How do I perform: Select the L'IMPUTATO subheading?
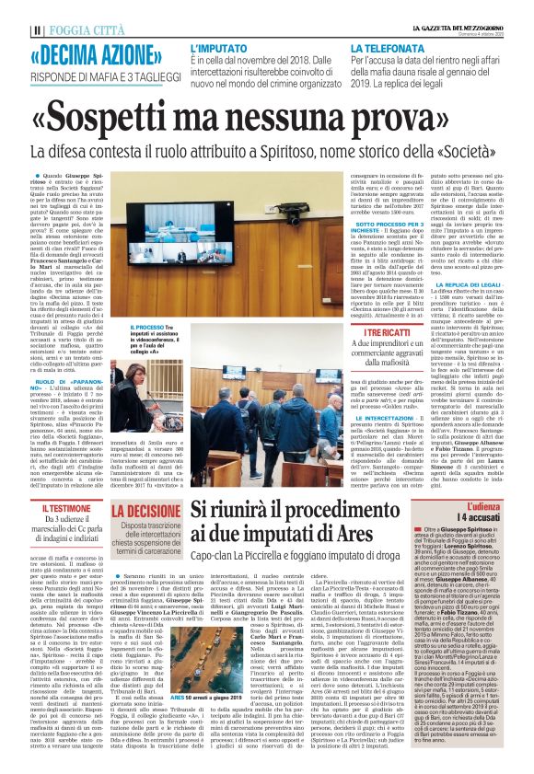pyautogui.click(x=218, y=45)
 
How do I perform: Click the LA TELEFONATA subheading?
pyautogui.click(x=393, y=45)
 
